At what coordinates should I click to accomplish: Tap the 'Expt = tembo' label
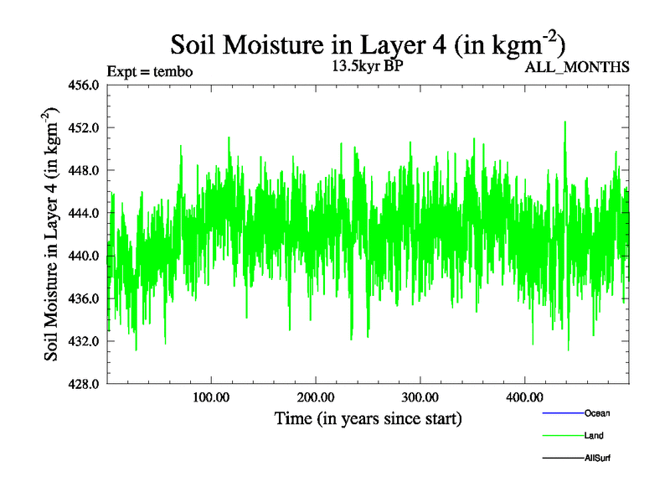(x=151, y=71)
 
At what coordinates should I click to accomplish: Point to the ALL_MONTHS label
(x=576, y=67)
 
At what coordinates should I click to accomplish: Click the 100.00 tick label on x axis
(x=211, y=397)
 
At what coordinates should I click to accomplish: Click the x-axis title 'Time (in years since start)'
(x=368, y=417)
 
